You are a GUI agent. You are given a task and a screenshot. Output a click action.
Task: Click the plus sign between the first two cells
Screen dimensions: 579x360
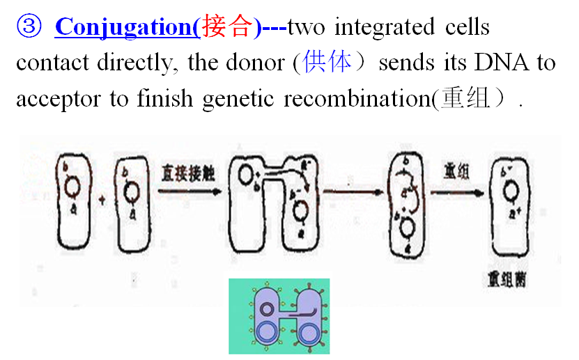coord(102,201)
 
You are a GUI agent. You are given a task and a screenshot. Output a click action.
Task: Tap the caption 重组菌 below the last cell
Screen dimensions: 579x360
coord(507,282)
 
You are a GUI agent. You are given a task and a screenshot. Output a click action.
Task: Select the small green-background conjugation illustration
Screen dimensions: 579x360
coord(279,315)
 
